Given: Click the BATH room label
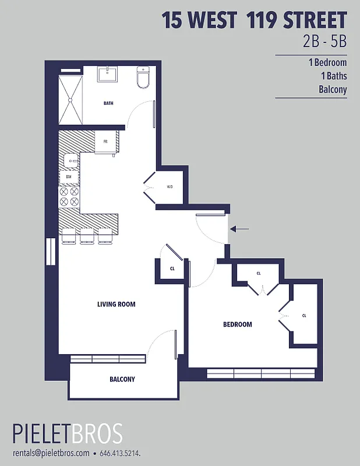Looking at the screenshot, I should coord(108,104).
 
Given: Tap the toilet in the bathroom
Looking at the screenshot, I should coord(143,77).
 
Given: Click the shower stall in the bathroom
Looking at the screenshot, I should coord(70,100).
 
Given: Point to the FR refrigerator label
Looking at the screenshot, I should coord(105,142).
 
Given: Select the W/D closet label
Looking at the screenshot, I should coord(170,187).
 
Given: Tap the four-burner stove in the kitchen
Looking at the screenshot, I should coord(69,196).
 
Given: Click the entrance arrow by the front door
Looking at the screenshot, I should coord(240,229).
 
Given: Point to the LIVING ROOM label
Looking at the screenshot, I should coord(117,304).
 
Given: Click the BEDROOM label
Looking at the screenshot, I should coord(238,324).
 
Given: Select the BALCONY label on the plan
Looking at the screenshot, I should coord(122,379).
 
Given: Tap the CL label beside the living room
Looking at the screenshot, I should coord(172,269).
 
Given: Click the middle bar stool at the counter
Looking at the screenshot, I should coord(87,235).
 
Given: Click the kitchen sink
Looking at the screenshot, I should coord(70,160).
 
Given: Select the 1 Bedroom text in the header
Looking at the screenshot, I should coord(328,63).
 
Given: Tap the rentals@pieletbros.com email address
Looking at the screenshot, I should coord(51,453).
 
